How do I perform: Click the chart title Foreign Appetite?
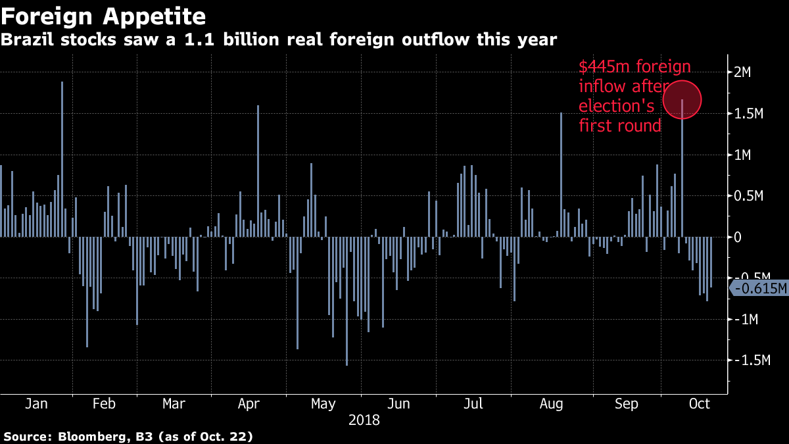tap(103, 16)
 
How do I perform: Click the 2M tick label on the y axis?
tap(742, 72)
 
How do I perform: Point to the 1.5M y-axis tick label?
tap(749, 113)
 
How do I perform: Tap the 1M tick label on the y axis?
tap(742, 155)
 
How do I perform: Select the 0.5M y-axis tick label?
tap(749, 196)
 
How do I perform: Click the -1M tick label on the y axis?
tap(746, 319)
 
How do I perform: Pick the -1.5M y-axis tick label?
tap(752, 360)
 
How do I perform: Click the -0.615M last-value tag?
tap(759, 288)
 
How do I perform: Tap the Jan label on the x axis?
tap(36, 404)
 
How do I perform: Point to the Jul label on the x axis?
tap(473, 404)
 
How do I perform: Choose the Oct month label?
tap(699, 404)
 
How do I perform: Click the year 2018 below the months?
tap(364, 420)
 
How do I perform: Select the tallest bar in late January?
tap(62, 159)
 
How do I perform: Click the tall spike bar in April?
tap(258, 171)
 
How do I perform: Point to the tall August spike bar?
tap(561, 175)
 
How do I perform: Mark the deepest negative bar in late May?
tap(347, 301)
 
